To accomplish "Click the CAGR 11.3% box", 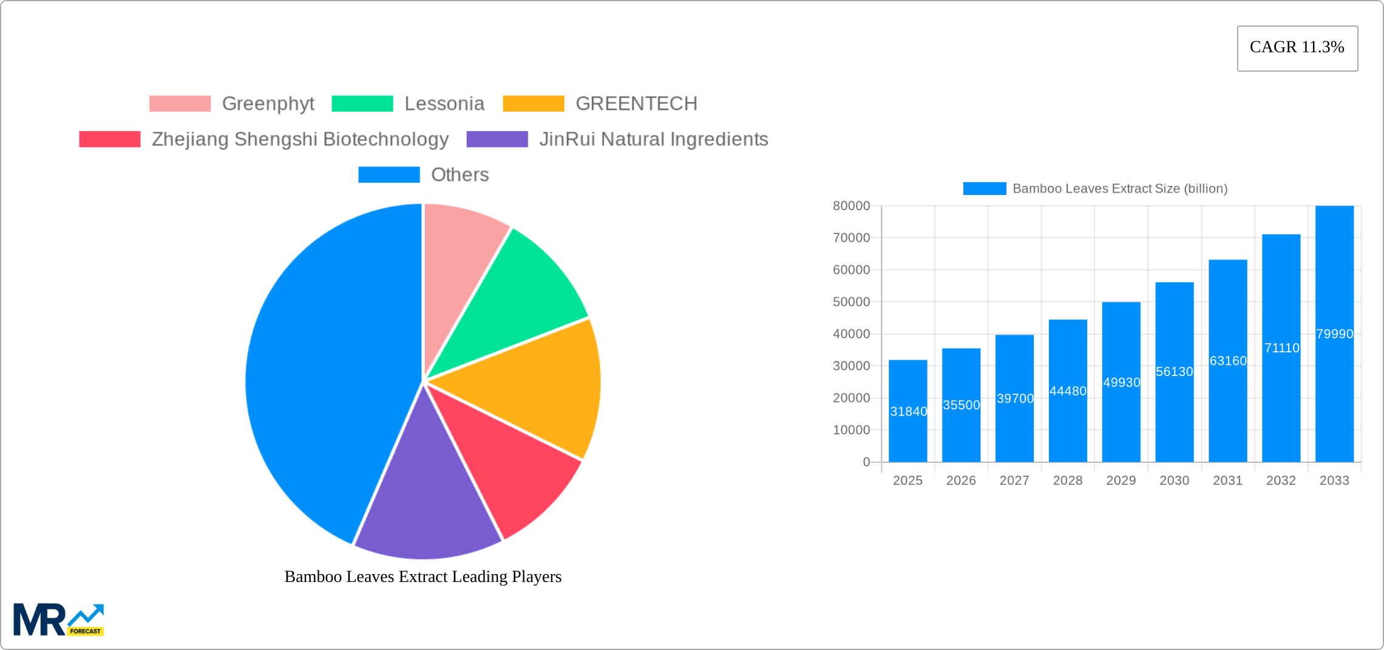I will (1297, 48).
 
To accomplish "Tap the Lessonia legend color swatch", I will (362, 104).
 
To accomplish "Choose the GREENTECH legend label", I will (636, 104).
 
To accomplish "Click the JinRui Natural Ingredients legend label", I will (653, 139).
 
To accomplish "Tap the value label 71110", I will (1281, 348).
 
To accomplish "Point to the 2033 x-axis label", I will (1334, 481).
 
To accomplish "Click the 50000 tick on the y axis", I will (851, 302).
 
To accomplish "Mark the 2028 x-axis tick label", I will (1068, 481).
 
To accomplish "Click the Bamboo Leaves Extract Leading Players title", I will (423, 576).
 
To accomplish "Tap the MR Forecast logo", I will (58, 620).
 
